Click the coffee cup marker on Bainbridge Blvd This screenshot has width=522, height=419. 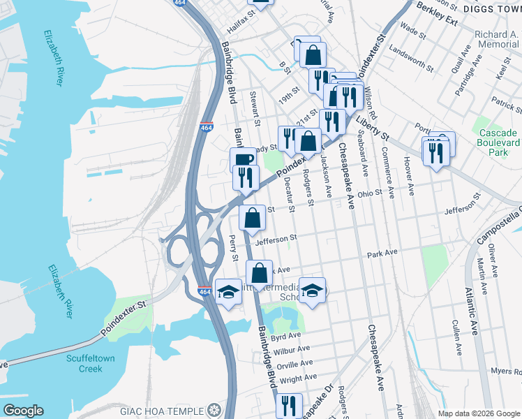click(x=242, y=160)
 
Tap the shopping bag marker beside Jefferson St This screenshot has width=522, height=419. click(x=252, y=217)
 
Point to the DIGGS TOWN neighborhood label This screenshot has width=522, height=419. click(x=492, y=9)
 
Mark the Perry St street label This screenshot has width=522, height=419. click(x=233, y=248)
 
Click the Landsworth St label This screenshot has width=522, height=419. click(x=407, y=50)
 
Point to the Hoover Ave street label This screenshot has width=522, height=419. click(x=410, y=180)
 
